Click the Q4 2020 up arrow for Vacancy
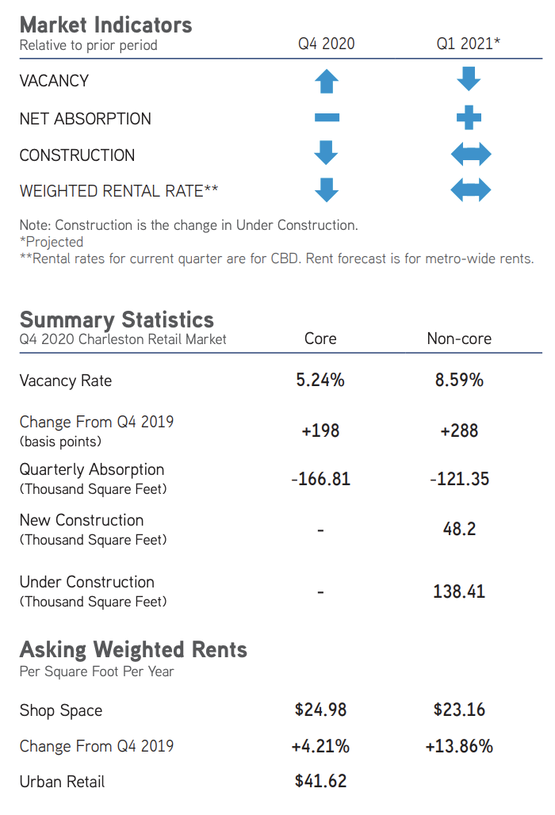(x=327, y=81)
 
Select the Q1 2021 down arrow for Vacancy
(x=469, y=79)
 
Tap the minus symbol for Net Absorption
(x=327, y=118)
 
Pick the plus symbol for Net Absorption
(x=469, y=118)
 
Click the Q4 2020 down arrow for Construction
(x=327, y=152)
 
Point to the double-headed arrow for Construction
(x=470, y=154)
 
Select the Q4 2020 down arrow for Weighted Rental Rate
(x=327, y=189)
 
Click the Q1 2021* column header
(x=469, y=44)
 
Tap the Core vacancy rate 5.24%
(x=320, y=381)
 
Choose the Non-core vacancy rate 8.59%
(x=459, y=381)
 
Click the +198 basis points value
(x=320, y=430)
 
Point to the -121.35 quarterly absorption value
(x=459, y=479)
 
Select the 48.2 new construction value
(x=459, y=529)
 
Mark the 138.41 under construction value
(x=459, y=591)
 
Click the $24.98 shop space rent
(x=320, y=710)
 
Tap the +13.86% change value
(x=459, y=746)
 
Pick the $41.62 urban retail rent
(x=320, y=781)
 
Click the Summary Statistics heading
(x=117, y=320)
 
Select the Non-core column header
(x=459, y=339)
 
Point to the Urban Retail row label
(x=62, y=782)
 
